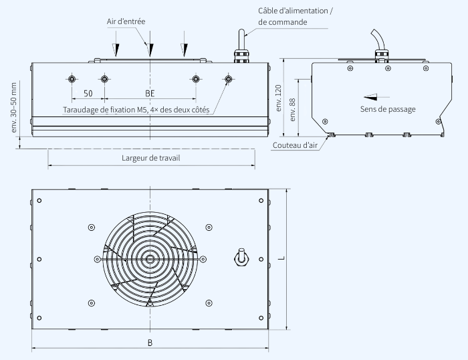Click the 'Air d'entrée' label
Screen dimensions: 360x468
(x=126, y=21)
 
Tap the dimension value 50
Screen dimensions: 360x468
(x=88, y=94)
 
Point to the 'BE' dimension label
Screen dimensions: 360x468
(x=150, y=94)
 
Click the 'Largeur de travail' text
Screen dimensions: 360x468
(x=151, y=158)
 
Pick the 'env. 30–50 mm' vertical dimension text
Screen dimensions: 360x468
(x=15, y=107)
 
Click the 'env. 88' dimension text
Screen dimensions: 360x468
(x=291, y=109)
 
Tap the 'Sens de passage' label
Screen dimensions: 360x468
(x=388, y=109)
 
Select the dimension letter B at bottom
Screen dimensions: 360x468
(x=150, y=343)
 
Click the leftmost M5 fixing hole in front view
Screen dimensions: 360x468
(x=72, y=79)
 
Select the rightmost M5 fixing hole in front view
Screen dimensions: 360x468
(x=229, y=79)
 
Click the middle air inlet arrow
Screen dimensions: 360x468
(x=151, y=48)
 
